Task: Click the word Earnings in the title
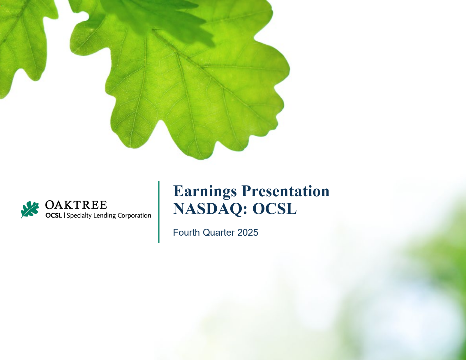(205, 192)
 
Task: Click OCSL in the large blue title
(274, 209)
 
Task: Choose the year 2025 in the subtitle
(248, 232)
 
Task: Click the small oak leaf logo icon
(30, 209)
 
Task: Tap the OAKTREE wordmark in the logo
(76, 205)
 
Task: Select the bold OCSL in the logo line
(54, 216)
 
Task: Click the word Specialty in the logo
(79, 216)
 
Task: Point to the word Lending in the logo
(105, 216)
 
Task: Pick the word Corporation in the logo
(134, 216)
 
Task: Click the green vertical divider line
(159, 212)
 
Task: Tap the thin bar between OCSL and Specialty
(64, 216)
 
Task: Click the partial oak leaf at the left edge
(20, 44)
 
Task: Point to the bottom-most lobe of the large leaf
(201, 151)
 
